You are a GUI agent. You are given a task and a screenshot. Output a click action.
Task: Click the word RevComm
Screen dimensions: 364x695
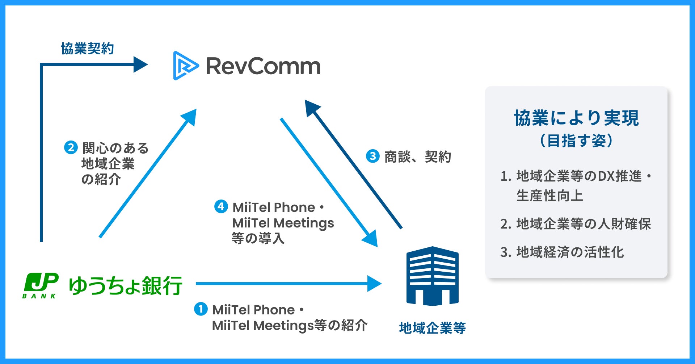coord(263,66)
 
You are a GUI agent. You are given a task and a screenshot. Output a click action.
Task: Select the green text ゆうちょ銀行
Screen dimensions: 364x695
coord(125,286)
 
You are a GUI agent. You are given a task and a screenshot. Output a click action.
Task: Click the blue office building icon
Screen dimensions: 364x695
coord(432,276)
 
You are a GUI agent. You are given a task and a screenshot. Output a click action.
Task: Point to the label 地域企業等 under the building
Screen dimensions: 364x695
coord(432,328)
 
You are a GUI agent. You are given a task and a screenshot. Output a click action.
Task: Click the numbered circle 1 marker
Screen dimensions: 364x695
coord(201,309)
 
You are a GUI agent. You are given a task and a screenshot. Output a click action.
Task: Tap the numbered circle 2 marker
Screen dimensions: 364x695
coord(71,147)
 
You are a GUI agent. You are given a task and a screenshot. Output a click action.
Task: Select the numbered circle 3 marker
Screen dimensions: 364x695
coord(372,156)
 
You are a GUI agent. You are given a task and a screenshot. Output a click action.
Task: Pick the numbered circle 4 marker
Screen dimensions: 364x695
coord(221,206)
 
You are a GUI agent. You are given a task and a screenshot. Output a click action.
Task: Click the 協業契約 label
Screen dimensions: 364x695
coord(88,49)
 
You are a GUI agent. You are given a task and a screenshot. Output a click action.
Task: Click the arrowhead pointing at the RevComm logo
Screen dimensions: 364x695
coord(140,64)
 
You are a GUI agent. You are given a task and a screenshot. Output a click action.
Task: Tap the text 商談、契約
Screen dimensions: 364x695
coord(418,157)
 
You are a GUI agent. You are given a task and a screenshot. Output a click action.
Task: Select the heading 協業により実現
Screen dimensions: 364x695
coord(576,118)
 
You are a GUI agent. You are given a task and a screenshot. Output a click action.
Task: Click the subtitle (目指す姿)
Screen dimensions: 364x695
coord(576,141)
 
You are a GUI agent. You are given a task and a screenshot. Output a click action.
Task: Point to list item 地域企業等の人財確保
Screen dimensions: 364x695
coord(584,224)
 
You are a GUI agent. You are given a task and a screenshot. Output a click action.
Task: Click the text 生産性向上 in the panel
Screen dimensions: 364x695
coord(549,196)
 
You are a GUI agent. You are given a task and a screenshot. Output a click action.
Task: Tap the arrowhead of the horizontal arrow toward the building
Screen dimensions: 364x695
coord(375,284)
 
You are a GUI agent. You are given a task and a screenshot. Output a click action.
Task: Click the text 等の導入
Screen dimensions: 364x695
coord(258,238)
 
